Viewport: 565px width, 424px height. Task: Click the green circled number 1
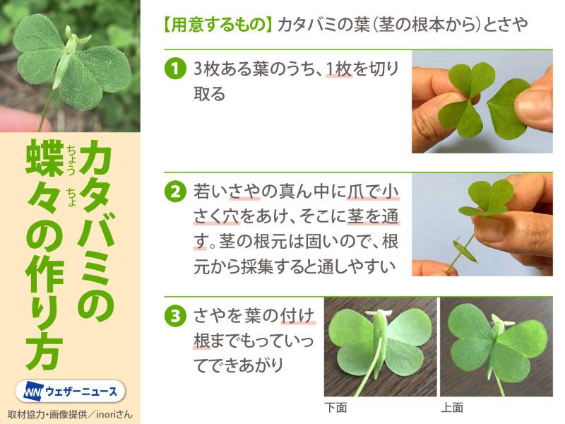pos(175,68)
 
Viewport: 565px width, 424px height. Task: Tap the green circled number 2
pos(175,192)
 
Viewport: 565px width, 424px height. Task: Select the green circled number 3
pos(175,316)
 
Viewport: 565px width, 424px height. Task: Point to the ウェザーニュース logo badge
pos(70,391)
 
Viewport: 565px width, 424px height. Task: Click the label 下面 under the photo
pos(335,408)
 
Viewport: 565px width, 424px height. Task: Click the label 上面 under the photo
pos(452,408)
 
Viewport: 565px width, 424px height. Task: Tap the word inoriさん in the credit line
pos(114,415)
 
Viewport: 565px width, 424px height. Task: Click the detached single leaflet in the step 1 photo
pos(508,108)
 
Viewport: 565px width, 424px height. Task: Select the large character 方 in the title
pos(44,353)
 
